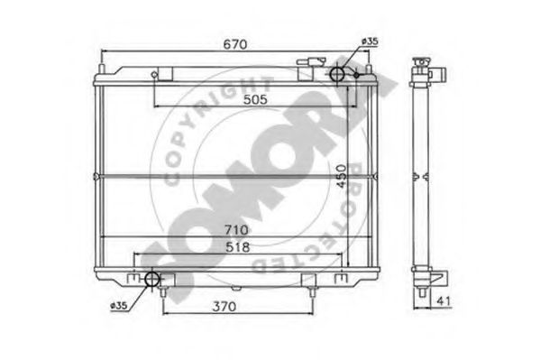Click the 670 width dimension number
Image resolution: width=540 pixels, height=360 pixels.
[x=235, y=44]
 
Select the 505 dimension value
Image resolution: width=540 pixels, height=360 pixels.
[x=255, y=99]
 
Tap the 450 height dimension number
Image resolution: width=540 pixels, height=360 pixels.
[x=342, y=176]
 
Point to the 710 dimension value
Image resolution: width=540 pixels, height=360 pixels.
[x=236, y=230]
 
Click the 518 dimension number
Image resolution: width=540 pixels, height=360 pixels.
[x=238, y=247]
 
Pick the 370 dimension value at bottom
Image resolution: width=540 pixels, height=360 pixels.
[x=224, y=307]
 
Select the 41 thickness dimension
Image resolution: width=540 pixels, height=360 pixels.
[x=444, y=301]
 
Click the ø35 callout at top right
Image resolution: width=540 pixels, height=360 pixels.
[x=370, y=42]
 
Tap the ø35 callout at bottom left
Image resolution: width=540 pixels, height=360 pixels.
[x=119, y=306]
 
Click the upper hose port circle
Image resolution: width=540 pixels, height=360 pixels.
[x=337, y=74]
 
